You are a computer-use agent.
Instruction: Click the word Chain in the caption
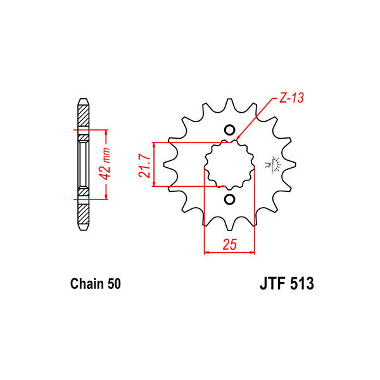85,284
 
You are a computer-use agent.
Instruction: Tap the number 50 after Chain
113,284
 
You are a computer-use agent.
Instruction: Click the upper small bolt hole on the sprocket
229,129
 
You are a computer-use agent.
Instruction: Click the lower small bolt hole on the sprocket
229,200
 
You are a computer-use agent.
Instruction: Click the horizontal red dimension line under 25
229,253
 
